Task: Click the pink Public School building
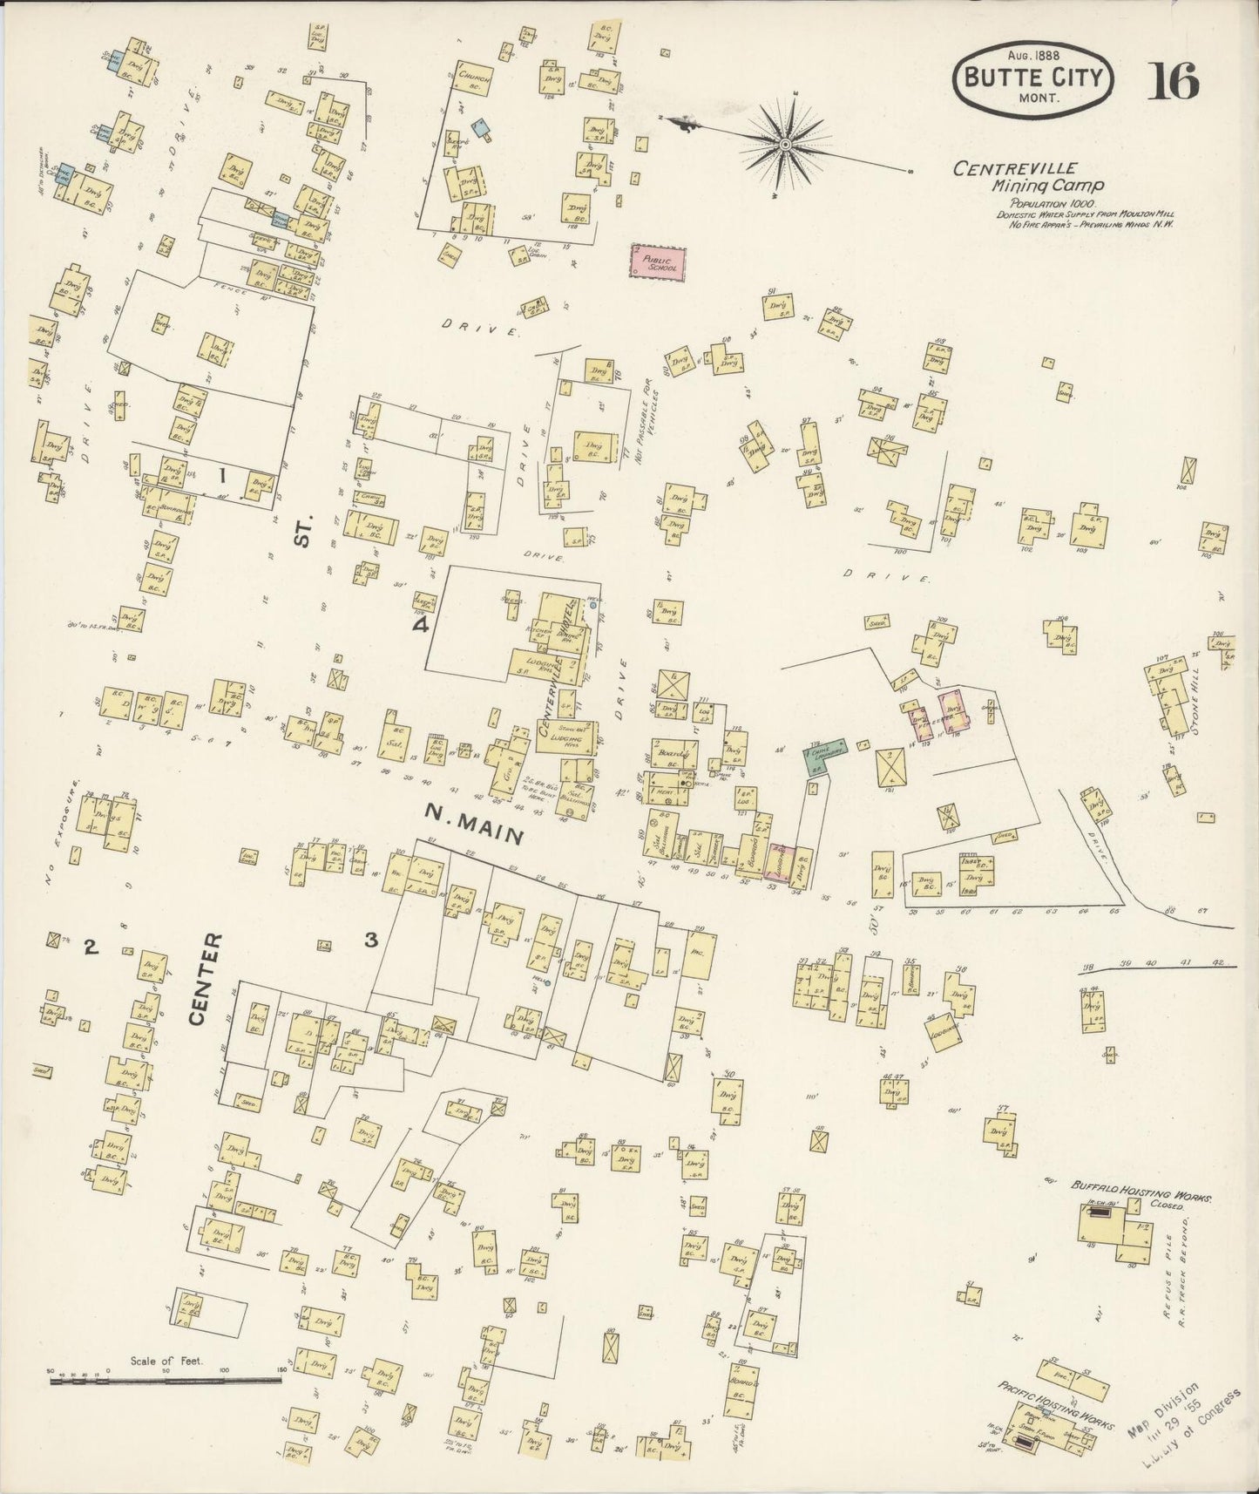coord(658,263)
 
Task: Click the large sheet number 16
coord(1172,82)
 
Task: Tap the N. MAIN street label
coord(474,823)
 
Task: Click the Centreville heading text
coord(1015,168)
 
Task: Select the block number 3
coord(371,941)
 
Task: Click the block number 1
coord(222,475)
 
